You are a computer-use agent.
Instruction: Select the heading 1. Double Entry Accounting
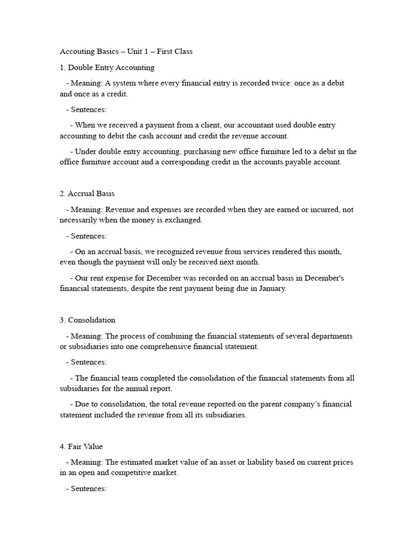click(x=107, y=68)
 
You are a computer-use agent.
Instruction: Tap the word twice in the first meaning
click(x=278, y=83)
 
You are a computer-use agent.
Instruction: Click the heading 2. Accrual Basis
click(x=87, y=193)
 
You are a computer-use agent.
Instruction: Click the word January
click(x=269, y=288)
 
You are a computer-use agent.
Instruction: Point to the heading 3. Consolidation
click(x=87, y=320)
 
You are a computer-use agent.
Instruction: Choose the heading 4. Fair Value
click(x=81, y=446)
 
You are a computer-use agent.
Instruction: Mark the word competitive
click(x=128, y=473)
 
